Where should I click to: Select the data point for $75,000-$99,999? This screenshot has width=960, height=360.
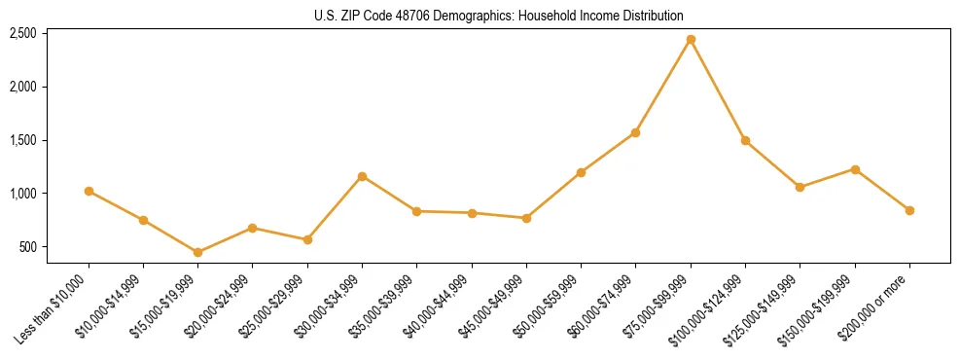coord(691,40)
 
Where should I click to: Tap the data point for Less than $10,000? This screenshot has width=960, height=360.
coord(89,191)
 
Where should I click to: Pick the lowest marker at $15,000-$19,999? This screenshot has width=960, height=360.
coord(197,252)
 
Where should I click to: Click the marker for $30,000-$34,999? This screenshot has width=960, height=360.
coord(362,176)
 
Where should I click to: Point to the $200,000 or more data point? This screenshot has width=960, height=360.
coord(909,210)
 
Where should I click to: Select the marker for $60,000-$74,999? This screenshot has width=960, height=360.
coord(635,132)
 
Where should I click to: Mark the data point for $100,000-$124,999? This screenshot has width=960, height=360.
coord(745,140)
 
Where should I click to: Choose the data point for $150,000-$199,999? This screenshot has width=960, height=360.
coord(855,169)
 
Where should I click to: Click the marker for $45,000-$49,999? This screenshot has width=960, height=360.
coord(526,218)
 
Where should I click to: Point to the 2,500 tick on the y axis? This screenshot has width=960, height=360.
coord(22,33)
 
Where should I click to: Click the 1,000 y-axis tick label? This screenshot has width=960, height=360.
coord(22,194)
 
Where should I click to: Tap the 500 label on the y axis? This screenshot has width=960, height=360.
coord(27,247)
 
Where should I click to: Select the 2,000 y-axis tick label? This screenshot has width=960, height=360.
coord(22,87)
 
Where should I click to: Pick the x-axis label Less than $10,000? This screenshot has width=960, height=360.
coord(54,308)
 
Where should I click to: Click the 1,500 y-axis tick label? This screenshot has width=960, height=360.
coord(22,140)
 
